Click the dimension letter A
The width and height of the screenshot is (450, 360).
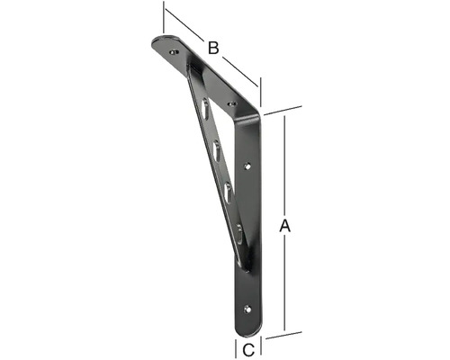[285, 227]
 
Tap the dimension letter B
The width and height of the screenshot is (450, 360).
[213, 47]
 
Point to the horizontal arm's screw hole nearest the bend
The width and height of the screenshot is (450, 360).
[232, 104]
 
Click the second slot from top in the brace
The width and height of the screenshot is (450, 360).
[219, 148]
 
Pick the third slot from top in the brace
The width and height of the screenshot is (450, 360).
[229, 189]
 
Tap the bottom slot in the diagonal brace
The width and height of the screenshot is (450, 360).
[238, 232]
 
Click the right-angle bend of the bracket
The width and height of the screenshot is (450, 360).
[257, 115]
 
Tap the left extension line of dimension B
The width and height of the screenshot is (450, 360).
[163, 18]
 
